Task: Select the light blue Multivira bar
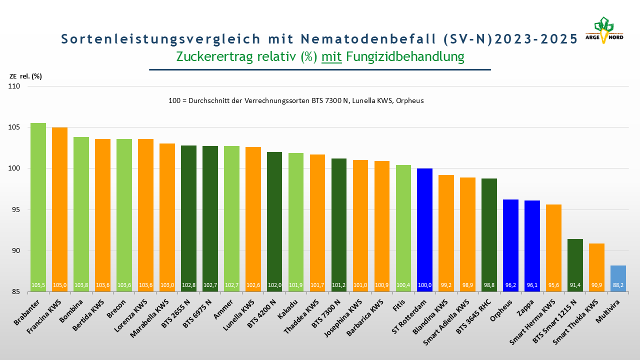pos(618,277)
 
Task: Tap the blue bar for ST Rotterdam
pos(424,230)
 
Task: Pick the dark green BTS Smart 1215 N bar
pos(575,265)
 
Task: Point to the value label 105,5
pos(38,285)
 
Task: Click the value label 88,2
pos(618,285)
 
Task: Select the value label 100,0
pos(424,285)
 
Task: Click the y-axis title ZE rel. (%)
pos(25,76)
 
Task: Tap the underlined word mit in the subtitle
pos(331,56)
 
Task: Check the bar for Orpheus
pos(510,245)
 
